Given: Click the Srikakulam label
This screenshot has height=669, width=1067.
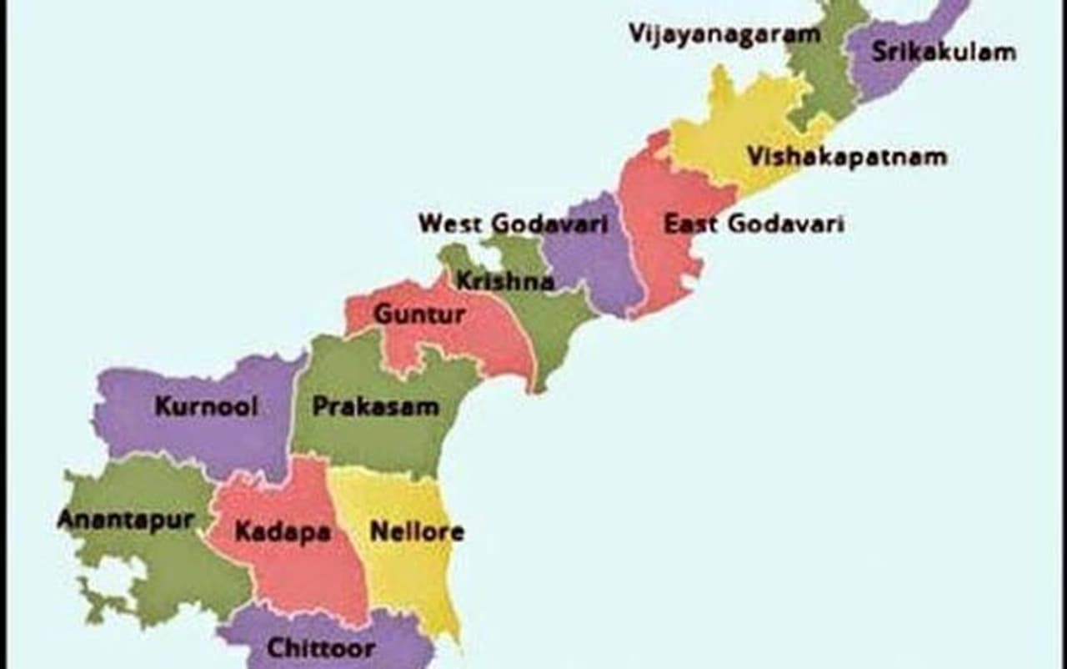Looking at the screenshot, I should [x=944, y=52].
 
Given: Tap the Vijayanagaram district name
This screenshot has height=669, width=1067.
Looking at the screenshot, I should [x=724, y=34].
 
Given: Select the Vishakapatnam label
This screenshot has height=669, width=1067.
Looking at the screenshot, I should [x=846, y=157].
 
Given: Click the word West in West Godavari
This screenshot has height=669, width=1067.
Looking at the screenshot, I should [x=451, y=224].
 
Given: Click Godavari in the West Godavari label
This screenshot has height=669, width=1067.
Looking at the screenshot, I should [x=549, y=224].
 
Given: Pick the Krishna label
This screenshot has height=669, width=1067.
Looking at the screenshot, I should [x=504, y=281].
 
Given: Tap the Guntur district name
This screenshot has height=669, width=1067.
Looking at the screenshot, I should [x=419, y=314].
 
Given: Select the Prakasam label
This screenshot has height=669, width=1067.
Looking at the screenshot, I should [x=375, y=407].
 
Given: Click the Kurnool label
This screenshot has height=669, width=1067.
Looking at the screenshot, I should [x=206, y=407].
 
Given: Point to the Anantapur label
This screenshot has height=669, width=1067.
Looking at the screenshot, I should [x=125, y=520].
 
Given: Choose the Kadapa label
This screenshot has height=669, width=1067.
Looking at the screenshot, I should [x=283, y=531].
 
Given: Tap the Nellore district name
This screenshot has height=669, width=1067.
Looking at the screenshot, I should [x=417, y=531].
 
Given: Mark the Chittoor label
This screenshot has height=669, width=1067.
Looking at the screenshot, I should [x=320, y=647].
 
